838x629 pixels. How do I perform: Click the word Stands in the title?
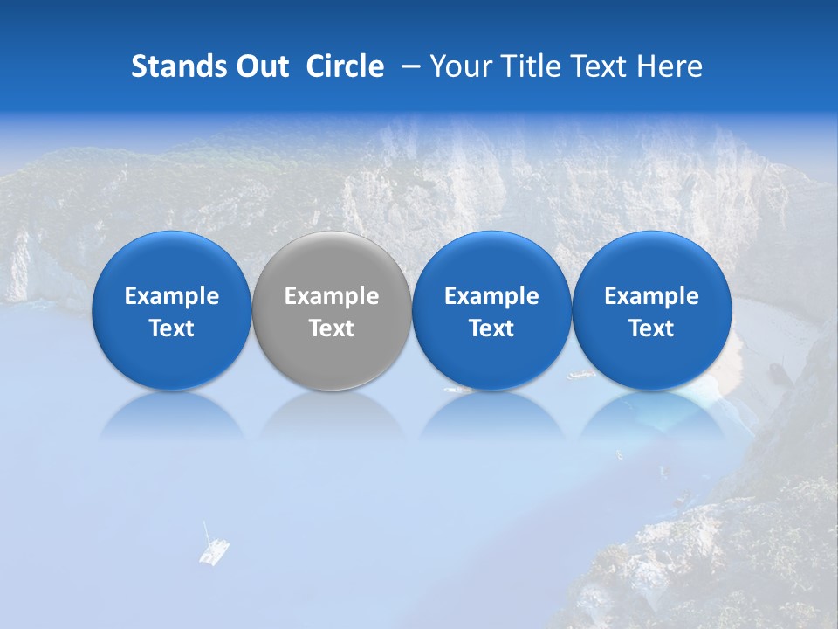coord(176,66)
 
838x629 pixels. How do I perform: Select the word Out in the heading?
coord(260,66)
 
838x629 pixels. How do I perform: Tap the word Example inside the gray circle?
coord(332,296)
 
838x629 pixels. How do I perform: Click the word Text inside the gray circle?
coord(332,328)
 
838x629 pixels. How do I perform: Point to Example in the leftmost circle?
coord(172,296)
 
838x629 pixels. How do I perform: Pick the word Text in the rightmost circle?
coord(652,328)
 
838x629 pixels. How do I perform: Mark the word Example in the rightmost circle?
coord(652,296)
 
